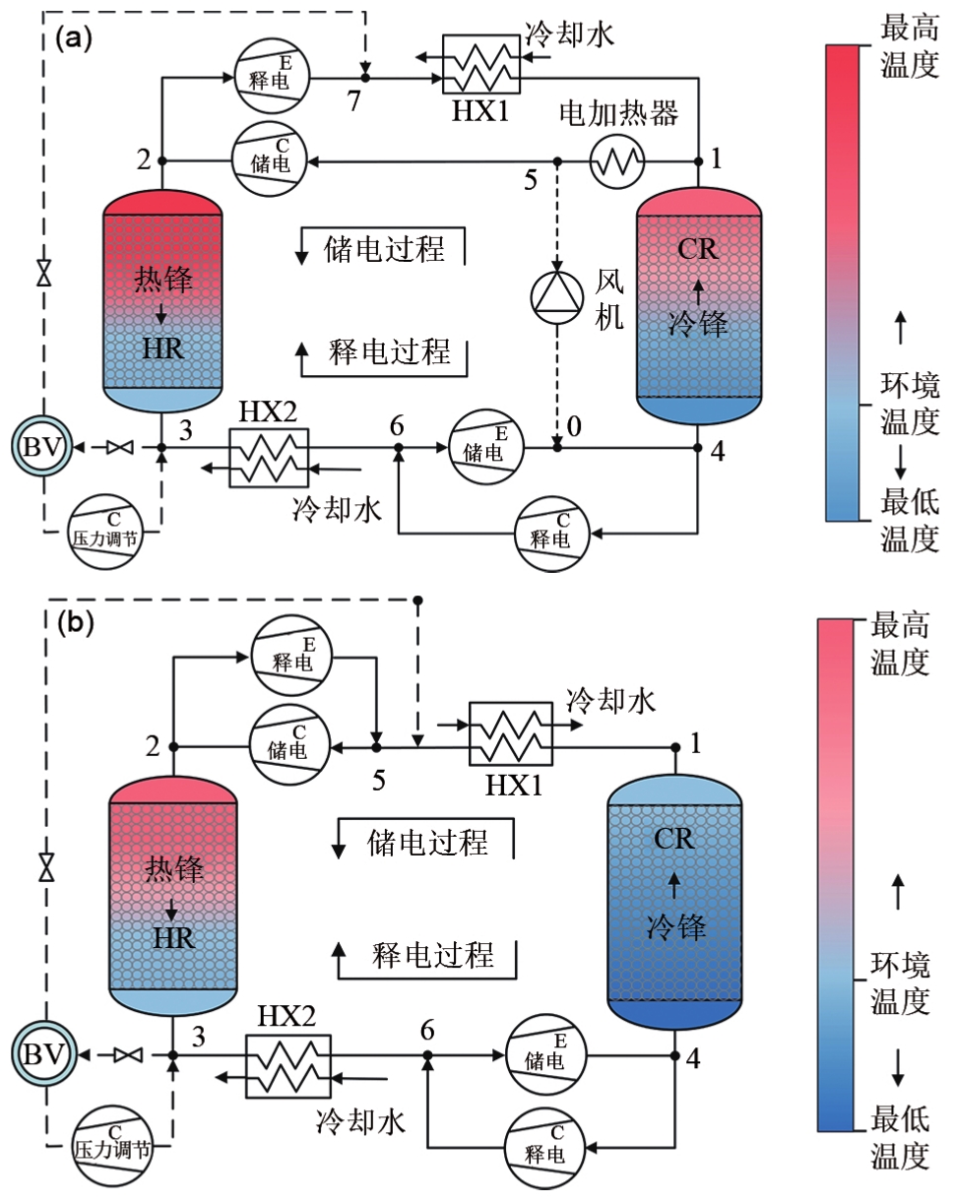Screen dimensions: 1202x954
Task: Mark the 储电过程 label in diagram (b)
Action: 428,842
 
